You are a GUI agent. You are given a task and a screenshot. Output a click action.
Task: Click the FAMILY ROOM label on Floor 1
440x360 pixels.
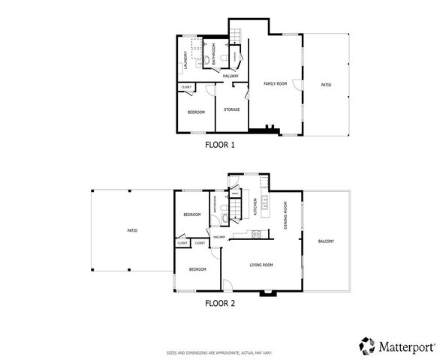click(275, 84)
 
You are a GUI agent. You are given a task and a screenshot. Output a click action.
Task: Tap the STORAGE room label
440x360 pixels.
click(231, 109)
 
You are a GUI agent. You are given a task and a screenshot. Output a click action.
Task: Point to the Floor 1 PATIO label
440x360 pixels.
click(326, 85)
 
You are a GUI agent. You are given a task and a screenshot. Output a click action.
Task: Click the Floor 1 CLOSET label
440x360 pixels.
click(186, 88)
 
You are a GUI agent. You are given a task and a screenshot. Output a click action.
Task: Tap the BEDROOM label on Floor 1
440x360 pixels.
click(196, 112)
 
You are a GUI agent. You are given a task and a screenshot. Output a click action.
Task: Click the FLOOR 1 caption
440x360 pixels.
click(220, 145)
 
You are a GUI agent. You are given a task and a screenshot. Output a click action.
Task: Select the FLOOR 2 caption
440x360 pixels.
click(220, 304)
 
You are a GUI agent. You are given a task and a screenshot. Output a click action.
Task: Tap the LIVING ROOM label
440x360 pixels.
click(261, 264)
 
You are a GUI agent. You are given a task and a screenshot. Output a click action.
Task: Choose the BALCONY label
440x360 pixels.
click(326, 241)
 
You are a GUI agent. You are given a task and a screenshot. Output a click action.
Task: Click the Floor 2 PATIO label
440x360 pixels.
click(132, 230)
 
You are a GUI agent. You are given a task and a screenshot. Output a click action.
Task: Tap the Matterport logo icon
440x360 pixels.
click(367, 345)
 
